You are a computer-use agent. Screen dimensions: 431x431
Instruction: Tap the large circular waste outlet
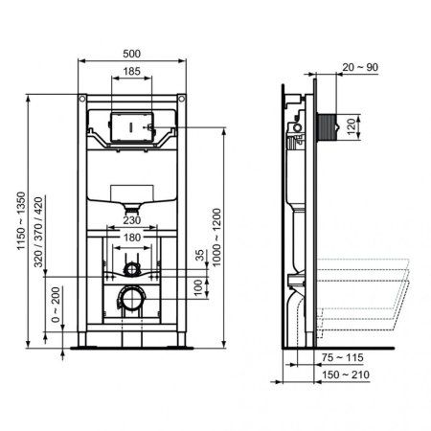[x=132, y=299]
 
